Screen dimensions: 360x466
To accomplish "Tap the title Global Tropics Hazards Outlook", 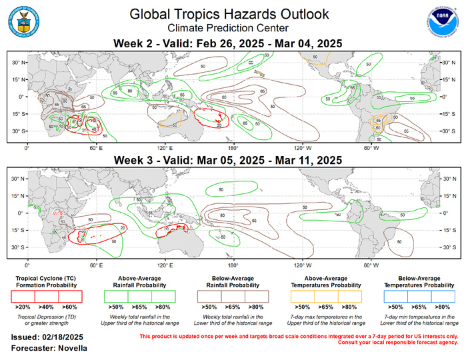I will tap(229, 14).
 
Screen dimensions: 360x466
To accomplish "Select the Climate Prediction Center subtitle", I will tap(229, 28).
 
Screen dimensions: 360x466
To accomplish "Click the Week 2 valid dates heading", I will tap(229, 43).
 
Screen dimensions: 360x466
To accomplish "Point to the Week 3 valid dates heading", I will tap(229, 160).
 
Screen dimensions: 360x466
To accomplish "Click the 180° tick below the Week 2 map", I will tap(233, 148).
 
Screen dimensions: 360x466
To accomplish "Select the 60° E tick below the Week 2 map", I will tap(96, 148).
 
